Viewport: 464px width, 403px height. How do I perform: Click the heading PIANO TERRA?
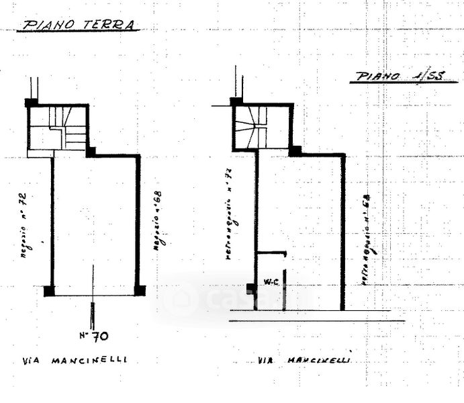point(79,26)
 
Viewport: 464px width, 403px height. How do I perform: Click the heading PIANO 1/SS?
point(398,77)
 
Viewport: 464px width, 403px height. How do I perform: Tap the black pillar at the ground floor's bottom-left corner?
point(49,291)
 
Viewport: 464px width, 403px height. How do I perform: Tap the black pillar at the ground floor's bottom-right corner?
point(140,290)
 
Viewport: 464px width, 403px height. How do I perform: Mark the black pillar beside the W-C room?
point(251,289)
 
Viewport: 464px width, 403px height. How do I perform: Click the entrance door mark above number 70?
point(92,313)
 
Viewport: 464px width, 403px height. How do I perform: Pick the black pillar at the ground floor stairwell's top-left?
point(30,103)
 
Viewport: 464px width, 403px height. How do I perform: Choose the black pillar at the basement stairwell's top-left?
point(236,102)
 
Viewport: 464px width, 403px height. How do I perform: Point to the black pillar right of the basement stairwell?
point(295,151)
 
